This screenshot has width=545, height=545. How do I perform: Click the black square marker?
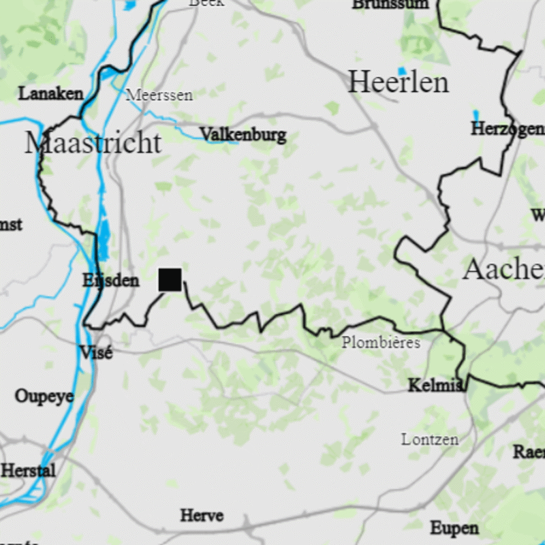(170, 279)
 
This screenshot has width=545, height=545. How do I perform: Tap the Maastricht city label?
(93, 143)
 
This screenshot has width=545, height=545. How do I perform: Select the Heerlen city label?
(399, 82)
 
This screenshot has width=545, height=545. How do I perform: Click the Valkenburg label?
(243, 134)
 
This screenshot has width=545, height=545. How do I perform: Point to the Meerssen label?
(159, 95)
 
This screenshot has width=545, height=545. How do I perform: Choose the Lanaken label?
(50, 93)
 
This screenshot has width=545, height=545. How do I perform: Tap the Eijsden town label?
(110, 280)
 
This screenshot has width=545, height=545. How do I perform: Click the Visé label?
(96, 352)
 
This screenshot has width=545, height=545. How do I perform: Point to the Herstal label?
(28, 470)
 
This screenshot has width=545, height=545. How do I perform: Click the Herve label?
(202, 515)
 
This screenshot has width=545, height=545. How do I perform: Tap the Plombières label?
(381, 342)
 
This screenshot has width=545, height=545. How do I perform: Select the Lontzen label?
(430, 439)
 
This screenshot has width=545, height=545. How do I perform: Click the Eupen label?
(454, 527)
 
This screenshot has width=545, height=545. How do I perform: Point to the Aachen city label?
(503, 270)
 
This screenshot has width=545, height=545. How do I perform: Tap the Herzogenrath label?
(508, 129)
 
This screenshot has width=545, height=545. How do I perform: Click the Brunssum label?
(390, 4)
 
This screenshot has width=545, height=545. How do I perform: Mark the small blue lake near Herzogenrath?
(476, 114)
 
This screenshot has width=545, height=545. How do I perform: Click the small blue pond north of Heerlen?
(402, 71)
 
